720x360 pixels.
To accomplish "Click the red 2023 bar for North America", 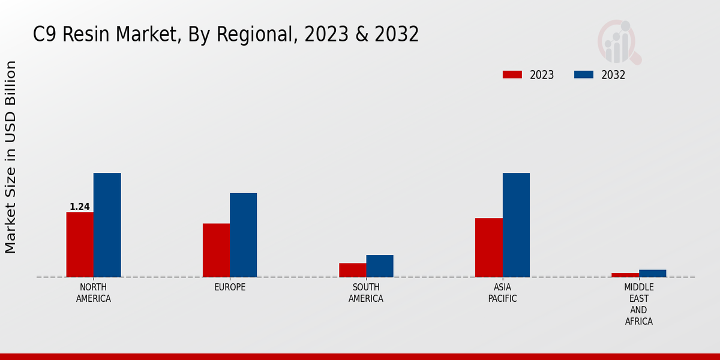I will pyautogui.click(x=80, y=244).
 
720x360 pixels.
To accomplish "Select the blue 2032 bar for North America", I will pyautogui.click(x=107, y=225).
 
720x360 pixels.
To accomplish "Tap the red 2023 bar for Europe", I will pyautogui.click(x=216, y=250).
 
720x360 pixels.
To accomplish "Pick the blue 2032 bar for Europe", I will pyautogui.click(x=243, y=235).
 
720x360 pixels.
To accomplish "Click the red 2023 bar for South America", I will pyautogui.click(x=352, y=270).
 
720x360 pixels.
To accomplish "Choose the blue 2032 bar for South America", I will pyautogui.click(x=380, y=266).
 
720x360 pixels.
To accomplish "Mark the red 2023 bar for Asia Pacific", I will pyautogui.click(x=488, y=247).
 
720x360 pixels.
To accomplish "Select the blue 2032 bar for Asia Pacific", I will pyautogui.click(x=516, y=225).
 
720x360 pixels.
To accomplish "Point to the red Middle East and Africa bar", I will pyautogui.click(x=625, y=275).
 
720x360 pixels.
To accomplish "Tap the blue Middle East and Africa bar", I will pyautogui.click(x=652, y=273).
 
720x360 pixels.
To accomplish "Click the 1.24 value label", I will pyautogui.click(x=80, y=207).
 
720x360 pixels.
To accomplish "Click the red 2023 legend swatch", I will pyautogui.click(x=512, y=75).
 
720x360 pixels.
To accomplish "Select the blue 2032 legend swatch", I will pyautogui.click(x=584, y=75).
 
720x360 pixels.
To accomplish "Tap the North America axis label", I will pyautogui.click(x=94, y=293).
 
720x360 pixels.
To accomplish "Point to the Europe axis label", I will pyautogui.click(x=230, y=287).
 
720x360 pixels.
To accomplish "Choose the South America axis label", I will pyautogui.click(x=366, y=293).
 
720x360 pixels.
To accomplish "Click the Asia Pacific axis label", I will pyautogui.click(x=502, y=293).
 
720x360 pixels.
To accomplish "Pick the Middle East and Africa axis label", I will pyautogui.click(x=638, y=304).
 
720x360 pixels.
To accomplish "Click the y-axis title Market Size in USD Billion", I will pyautogui.click(x=11, y=157).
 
